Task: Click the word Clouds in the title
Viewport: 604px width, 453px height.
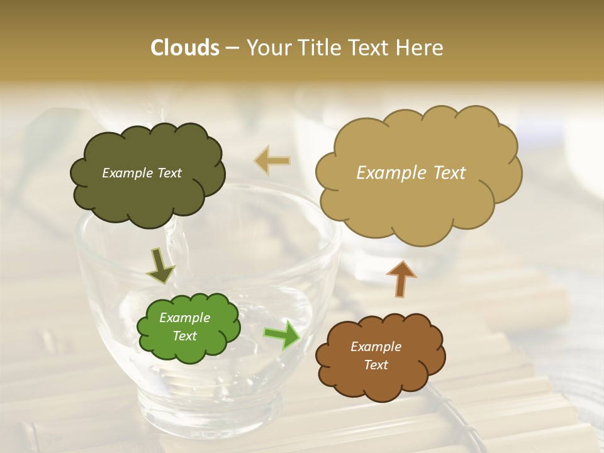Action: (x=185, y=48)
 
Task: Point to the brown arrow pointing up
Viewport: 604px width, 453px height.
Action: (x=401, y=278)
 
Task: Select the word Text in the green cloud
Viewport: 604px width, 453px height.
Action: (x=185, y=336)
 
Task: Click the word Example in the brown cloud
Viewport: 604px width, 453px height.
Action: (x=376, y=347)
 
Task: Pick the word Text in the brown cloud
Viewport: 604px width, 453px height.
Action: (x=376, y=365)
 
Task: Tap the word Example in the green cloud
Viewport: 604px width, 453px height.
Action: (x=185, y=318)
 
